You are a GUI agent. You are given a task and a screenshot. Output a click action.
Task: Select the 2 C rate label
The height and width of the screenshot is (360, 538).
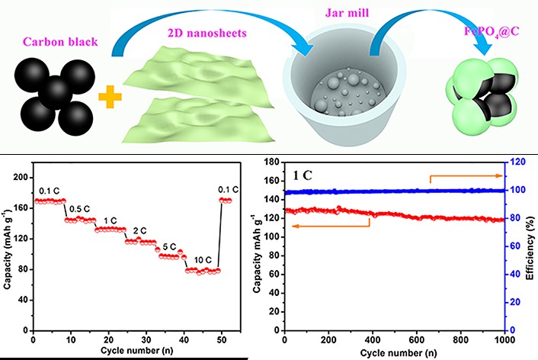click(140, 231)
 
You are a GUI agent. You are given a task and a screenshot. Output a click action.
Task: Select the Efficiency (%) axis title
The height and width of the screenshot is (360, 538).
click(530, 246)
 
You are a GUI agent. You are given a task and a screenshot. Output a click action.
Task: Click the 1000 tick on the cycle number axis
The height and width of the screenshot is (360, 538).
click(501, 339)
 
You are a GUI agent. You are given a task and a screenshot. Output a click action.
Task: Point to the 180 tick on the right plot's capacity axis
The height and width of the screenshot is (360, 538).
click(271, 162)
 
